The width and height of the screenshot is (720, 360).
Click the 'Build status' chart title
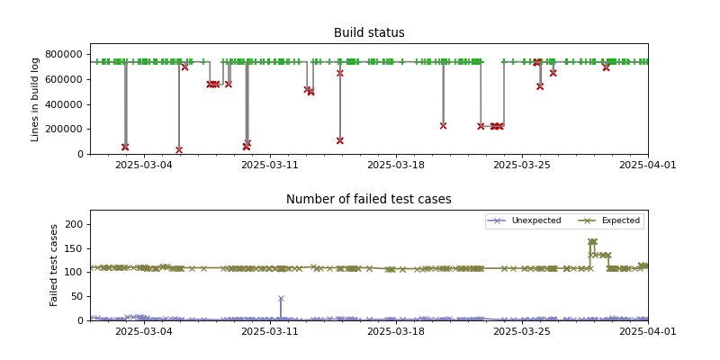369,33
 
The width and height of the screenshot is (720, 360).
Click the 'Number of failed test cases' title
369,200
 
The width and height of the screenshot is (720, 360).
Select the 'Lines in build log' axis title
36,99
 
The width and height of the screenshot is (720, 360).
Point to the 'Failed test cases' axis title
54,265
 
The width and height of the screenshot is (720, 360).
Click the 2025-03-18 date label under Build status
395,166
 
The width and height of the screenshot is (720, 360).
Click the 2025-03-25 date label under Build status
521,166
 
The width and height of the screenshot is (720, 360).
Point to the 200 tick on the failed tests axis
75,224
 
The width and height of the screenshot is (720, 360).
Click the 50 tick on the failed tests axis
77,296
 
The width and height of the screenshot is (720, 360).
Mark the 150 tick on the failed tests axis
75,248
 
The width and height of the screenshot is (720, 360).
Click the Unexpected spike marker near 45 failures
281,299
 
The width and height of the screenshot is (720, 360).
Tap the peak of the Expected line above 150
591,241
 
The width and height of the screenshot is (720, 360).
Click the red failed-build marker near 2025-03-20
443,125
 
